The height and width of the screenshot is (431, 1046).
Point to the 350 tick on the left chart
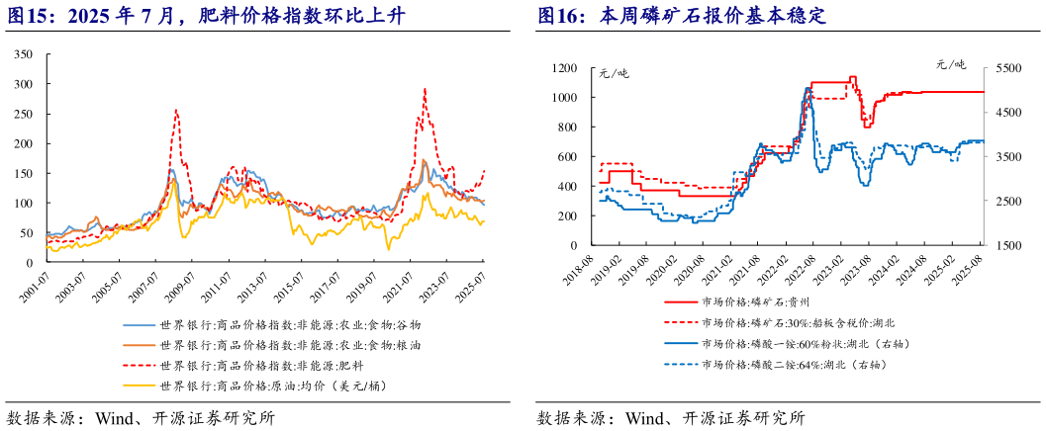pyautogui.click(x=23, y=54)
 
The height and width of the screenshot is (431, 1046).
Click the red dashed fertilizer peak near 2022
pyautogui.click(x=425, y=90)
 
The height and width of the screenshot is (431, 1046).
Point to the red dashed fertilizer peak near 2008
pyautogui.click(x=176, y=111)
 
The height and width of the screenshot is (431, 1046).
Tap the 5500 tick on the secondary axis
pyautogui.click(x=1006, y=68)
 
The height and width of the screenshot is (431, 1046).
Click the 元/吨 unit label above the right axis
pyautogui.click(x=954, y=65)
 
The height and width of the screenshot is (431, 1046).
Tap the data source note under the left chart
pyautogui.click(x=140, y=417)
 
